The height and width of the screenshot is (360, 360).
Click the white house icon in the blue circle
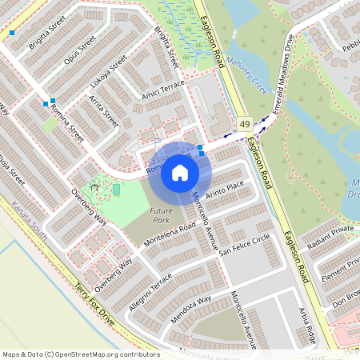pyautogui.click(x=180, y=173)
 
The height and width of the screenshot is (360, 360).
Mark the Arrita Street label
pyautogui.click(x=104, y=112)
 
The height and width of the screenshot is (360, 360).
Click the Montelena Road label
pyautogui.click(x=170, y=234)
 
